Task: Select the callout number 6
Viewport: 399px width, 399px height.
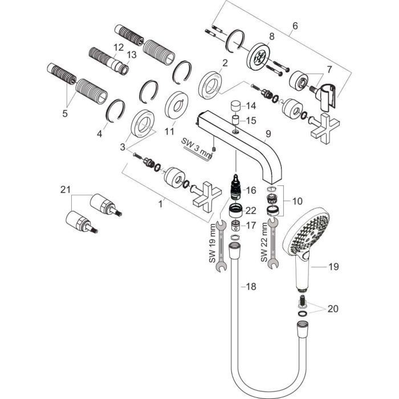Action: pyautogui.click(x=295, y=26)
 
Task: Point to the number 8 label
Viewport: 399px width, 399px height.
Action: pyautogui.click(x=271, y=36)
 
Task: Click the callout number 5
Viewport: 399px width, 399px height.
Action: pyautogui.click(x=64, y=113)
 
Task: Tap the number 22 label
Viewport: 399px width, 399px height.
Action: pyautogui.click(x=251, y=210)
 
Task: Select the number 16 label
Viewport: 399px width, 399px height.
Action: pyautogui.click(x=251, y=190)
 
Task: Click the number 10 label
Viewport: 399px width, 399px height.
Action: pyautogui.click(x=297, y=201)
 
